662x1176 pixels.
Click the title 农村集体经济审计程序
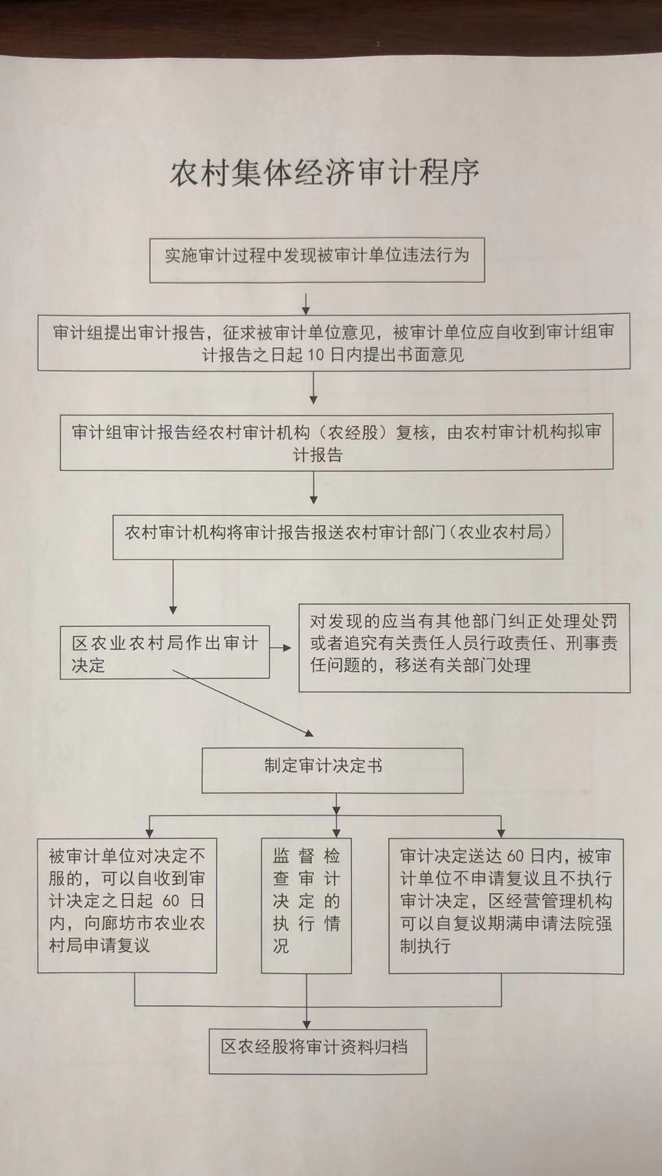(324, 173)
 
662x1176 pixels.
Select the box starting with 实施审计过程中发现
(317, 260)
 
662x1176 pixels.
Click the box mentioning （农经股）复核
(336, 442)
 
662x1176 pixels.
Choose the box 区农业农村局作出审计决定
(165, 652)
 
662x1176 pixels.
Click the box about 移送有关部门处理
(464, 648)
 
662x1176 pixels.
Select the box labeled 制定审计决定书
(332, 771)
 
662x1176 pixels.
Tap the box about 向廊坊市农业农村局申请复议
(127, 905)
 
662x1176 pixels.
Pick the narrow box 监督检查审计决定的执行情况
(307, 905)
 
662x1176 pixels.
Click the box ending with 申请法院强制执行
(506, 906)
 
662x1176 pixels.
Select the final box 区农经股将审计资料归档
(318, 1051)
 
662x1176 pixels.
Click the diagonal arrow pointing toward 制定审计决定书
(242, 703)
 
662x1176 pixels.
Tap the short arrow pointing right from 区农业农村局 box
(281, 648)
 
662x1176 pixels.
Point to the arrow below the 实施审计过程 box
(306, 304)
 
